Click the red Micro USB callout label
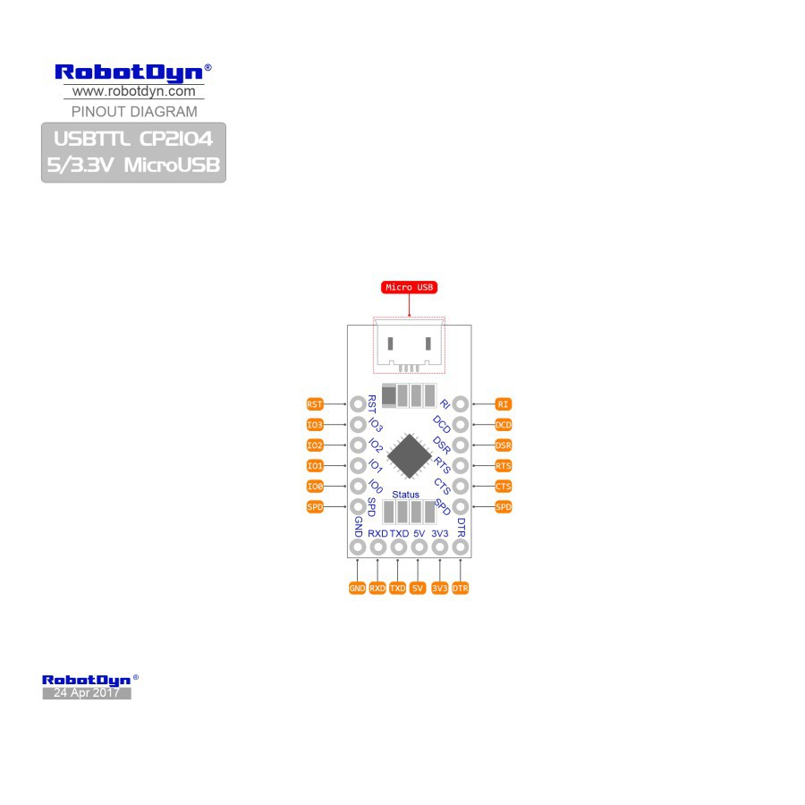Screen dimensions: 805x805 point(409,287)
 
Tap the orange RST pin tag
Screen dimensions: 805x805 point(314,404)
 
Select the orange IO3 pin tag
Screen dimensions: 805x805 point(314,425)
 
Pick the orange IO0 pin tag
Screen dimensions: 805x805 point(314,487)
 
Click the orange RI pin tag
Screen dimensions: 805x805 point(503,404)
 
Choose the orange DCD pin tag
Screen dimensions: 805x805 point(503,425)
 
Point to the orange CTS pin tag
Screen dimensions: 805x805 point(503,487)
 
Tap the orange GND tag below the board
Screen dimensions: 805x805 point(357,589)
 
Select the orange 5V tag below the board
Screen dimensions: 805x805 point(418,589)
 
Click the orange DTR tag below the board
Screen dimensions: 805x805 point(461,589)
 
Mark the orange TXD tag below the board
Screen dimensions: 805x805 point(397,589)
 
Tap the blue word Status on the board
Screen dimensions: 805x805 point(405,495)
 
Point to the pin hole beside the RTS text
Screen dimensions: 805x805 point(461,466)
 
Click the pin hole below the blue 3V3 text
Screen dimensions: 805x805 point(439,547)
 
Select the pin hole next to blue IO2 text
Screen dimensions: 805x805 point(357,445)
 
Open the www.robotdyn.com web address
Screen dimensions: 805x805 point(133,91)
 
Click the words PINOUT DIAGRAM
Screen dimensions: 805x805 point(133,112)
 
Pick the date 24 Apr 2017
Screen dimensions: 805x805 point(86,693)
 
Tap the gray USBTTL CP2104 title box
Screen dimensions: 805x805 point(133,152)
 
